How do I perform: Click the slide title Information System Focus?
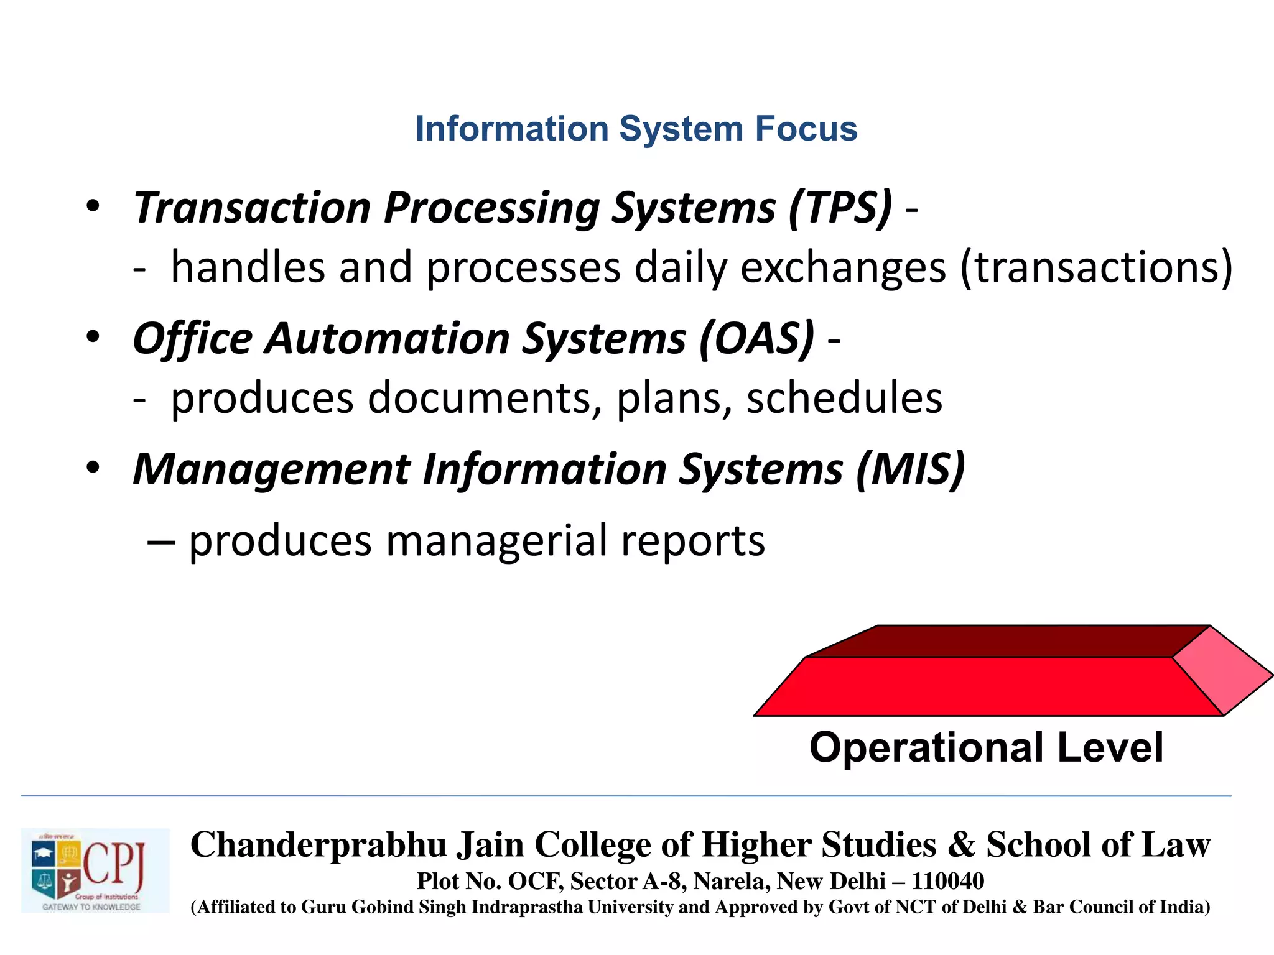point(636,129)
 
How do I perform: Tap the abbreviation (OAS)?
point(756,339)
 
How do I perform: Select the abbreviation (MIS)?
point(910,469)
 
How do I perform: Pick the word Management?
point(271,469)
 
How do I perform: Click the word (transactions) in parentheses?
point(1096,268)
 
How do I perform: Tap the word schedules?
point(844,398)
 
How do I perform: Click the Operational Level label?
point(986,747)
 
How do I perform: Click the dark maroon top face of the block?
point(1008,641)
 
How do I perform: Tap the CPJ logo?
point(95,870)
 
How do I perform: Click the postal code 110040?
point(947,881)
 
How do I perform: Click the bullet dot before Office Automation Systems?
point(93,337)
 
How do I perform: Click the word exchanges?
point(843,268)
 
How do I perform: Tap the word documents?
point(479,398)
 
